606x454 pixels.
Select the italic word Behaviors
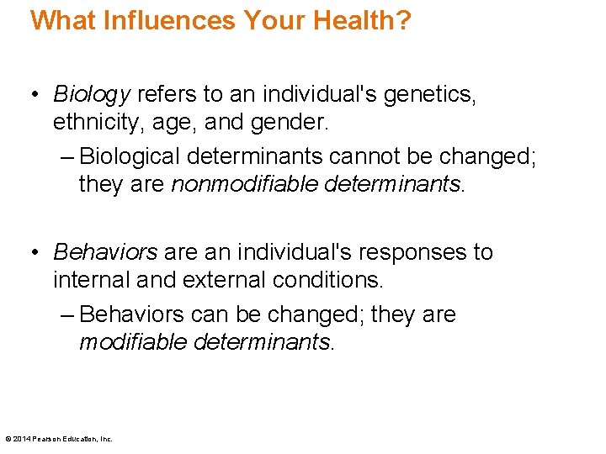(105, 252)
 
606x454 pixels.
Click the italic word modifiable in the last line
(133, 342)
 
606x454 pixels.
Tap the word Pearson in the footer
(46, 438)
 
